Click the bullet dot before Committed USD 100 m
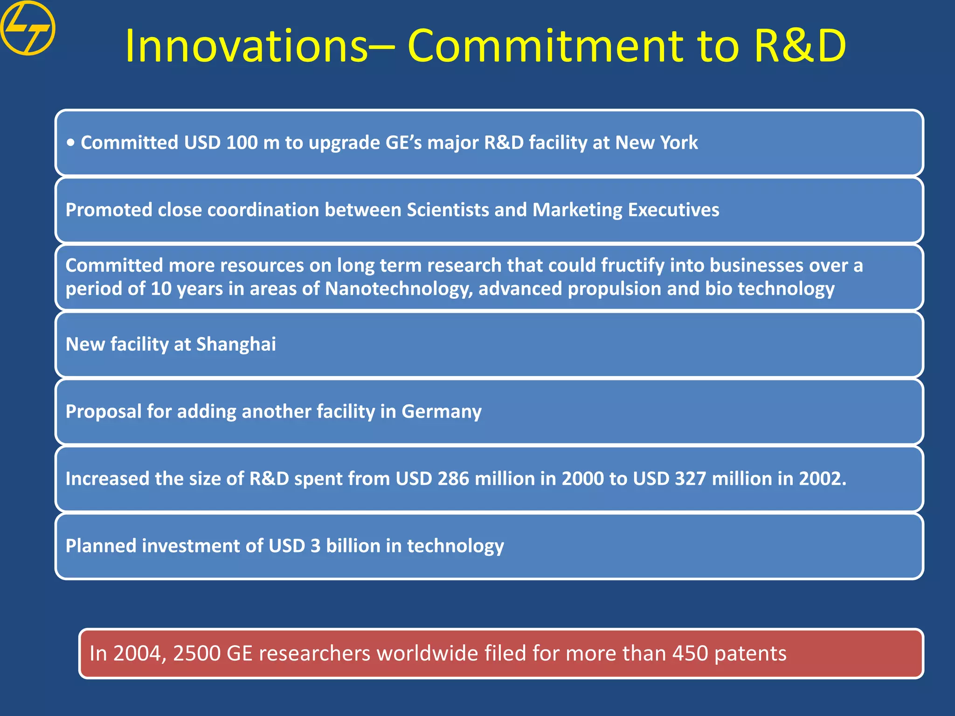tap(70, 143)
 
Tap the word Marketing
tap(577, 210)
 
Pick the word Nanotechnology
tap(399, 289)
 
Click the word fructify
tap(632, 265)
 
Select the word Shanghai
tap(236, 344)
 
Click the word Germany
tap(441, 411)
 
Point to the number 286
tap(453, 479)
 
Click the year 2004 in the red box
tap(139, 654)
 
